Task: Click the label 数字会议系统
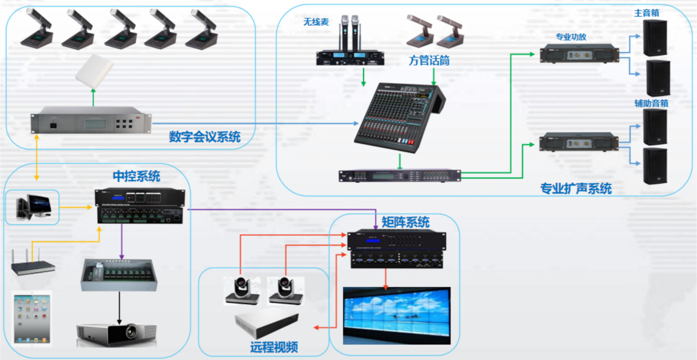pyautogui.click(x=204, y=137)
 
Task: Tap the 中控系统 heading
pyautogui.click(x=137, y=176)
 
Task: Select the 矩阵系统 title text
pyautogui.click(x=406, y=223)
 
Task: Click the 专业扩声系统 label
pyautogui.click(x=576, y=189)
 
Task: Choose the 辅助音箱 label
pyautogui.click(x=651, y=103)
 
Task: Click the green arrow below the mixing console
pyautogui.click(x=400, y=161)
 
